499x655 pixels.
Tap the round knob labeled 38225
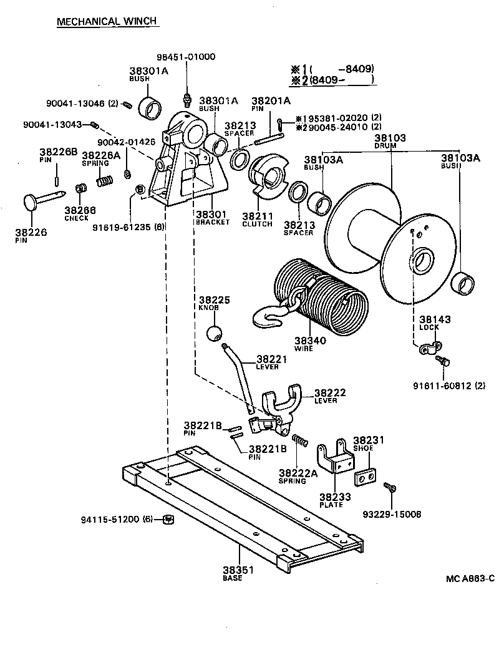pos(215,332)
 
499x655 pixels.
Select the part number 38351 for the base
pos(233,570)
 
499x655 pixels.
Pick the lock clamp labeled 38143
pos(431,349)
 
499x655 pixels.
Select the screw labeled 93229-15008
pos(389,487)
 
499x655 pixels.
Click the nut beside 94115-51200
pos(168,519)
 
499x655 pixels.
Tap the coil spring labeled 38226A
pos(105,182)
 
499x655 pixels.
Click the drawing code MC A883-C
pos(470,580)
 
